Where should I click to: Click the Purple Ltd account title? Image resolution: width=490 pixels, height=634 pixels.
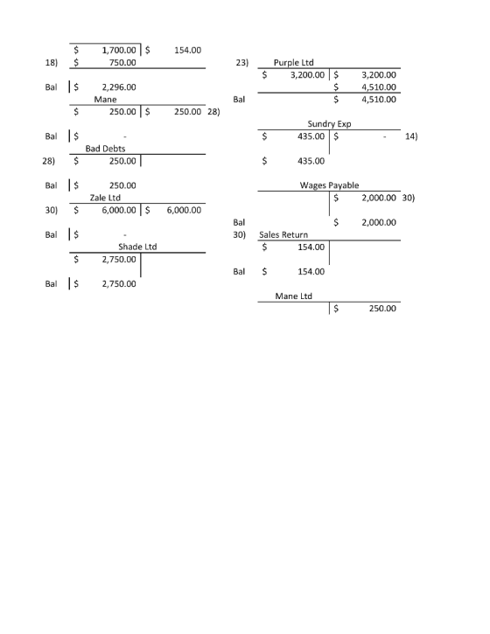293,62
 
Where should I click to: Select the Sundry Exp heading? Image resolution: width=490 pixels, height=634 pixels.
329,123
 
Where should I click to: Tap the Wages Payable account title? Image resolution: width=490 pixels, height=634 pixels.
329,185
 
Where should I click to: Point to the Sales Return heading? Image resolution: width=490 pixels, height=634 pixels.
283,234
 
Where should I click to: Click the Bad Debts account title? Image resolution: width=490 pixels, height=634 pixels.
105,149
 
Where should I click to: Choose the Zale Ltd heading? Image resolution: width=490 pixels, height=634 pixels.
105,198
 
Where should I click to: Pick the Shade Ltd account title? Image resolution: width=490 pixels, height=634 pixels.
137,247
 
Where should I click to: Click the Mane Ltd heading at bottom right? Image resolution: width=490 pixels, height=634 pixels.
293,296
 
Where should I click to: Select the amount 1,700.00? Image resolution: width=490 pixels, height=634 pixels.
119,50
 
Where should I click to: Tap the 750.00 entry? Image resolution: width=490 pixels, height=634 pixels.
122,62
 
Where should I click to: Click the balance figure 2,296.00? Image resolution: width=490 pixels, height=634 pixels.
119,87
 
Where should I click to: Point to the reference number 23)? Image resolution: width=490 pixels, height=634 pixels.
242,63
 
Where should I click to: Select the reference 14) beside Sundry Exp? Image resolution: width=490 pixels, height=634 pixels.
411,136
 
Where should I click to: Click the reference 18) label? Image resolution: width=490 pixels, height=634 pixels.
51,63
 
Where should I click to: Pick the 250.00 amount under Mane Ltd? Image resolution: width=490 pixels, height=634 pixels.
382,309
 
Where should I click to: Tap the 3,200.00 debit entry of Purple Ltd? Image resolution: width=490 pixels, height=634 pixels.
307,75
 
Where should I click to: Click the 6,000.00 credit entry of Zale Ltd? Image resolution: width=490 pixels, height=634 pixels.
184,210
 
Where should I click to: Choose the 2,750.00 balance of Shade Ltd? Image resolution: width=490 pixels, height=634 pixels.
119,284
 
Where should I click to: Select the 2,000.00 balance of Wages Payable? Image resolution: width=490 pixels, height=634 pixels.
379,222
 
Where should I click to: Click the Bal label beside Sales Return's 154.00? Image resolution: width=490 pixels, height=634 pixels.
239,271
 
